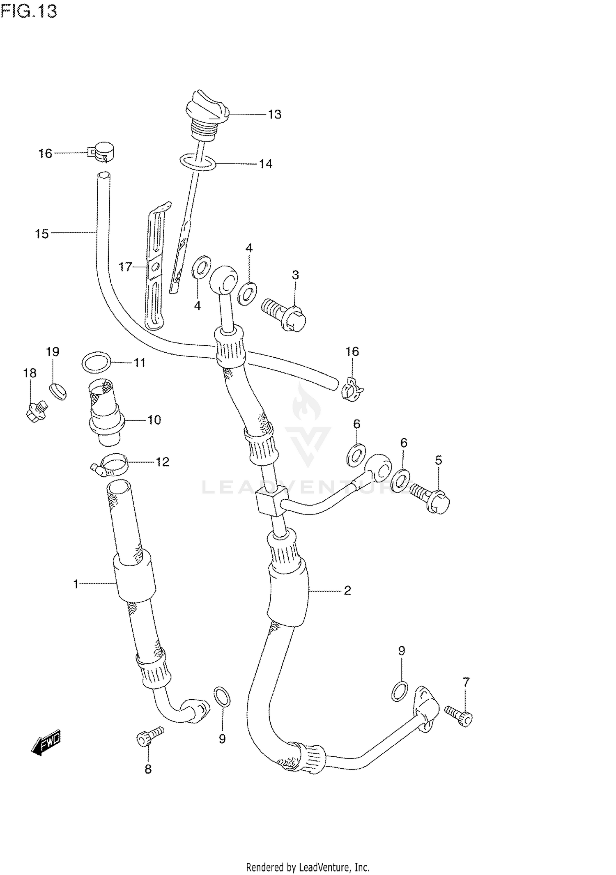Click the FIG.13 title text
[29, 11]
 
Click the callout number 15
[42, 234]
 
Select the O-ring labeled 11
[97, 363]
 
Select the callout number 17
[125, 267]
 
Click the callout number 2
[347, 590]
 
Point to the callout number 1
[76, 583]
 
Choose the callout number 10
[154, 420]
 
